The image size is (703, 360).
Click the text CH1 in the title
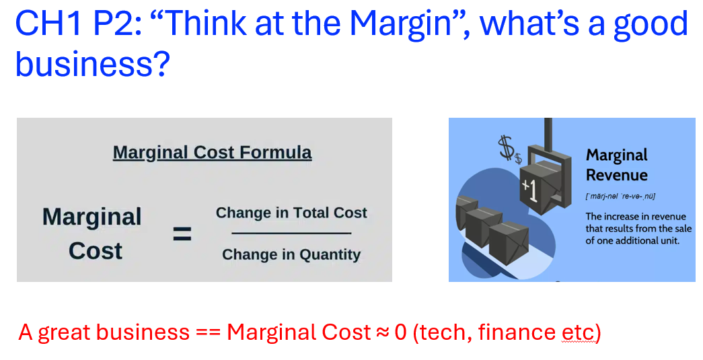point(48,24)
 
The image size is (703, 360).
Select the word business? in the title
point(93,63)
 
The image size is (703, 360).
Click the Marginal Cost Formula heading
point(212,153)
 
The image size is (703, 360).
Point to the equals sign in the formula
point(182,233)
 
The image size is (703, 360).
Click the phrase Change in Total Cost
point(291,213)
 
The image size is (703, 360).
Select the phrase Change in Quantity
point(291,254)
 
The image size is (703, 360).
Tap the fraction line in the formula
point(291,233)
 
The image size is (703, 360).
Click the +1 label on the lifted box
point(529,190)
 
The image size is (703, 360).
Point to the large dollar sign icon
point(506,148)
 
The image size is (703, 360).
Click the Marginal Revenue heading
point(617,165)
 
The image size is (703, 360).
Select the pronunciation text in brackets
point(620,196)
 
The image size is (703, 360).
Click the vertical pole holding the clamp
point(548,132)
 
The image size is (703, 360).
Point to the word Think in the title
point(207,24)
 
